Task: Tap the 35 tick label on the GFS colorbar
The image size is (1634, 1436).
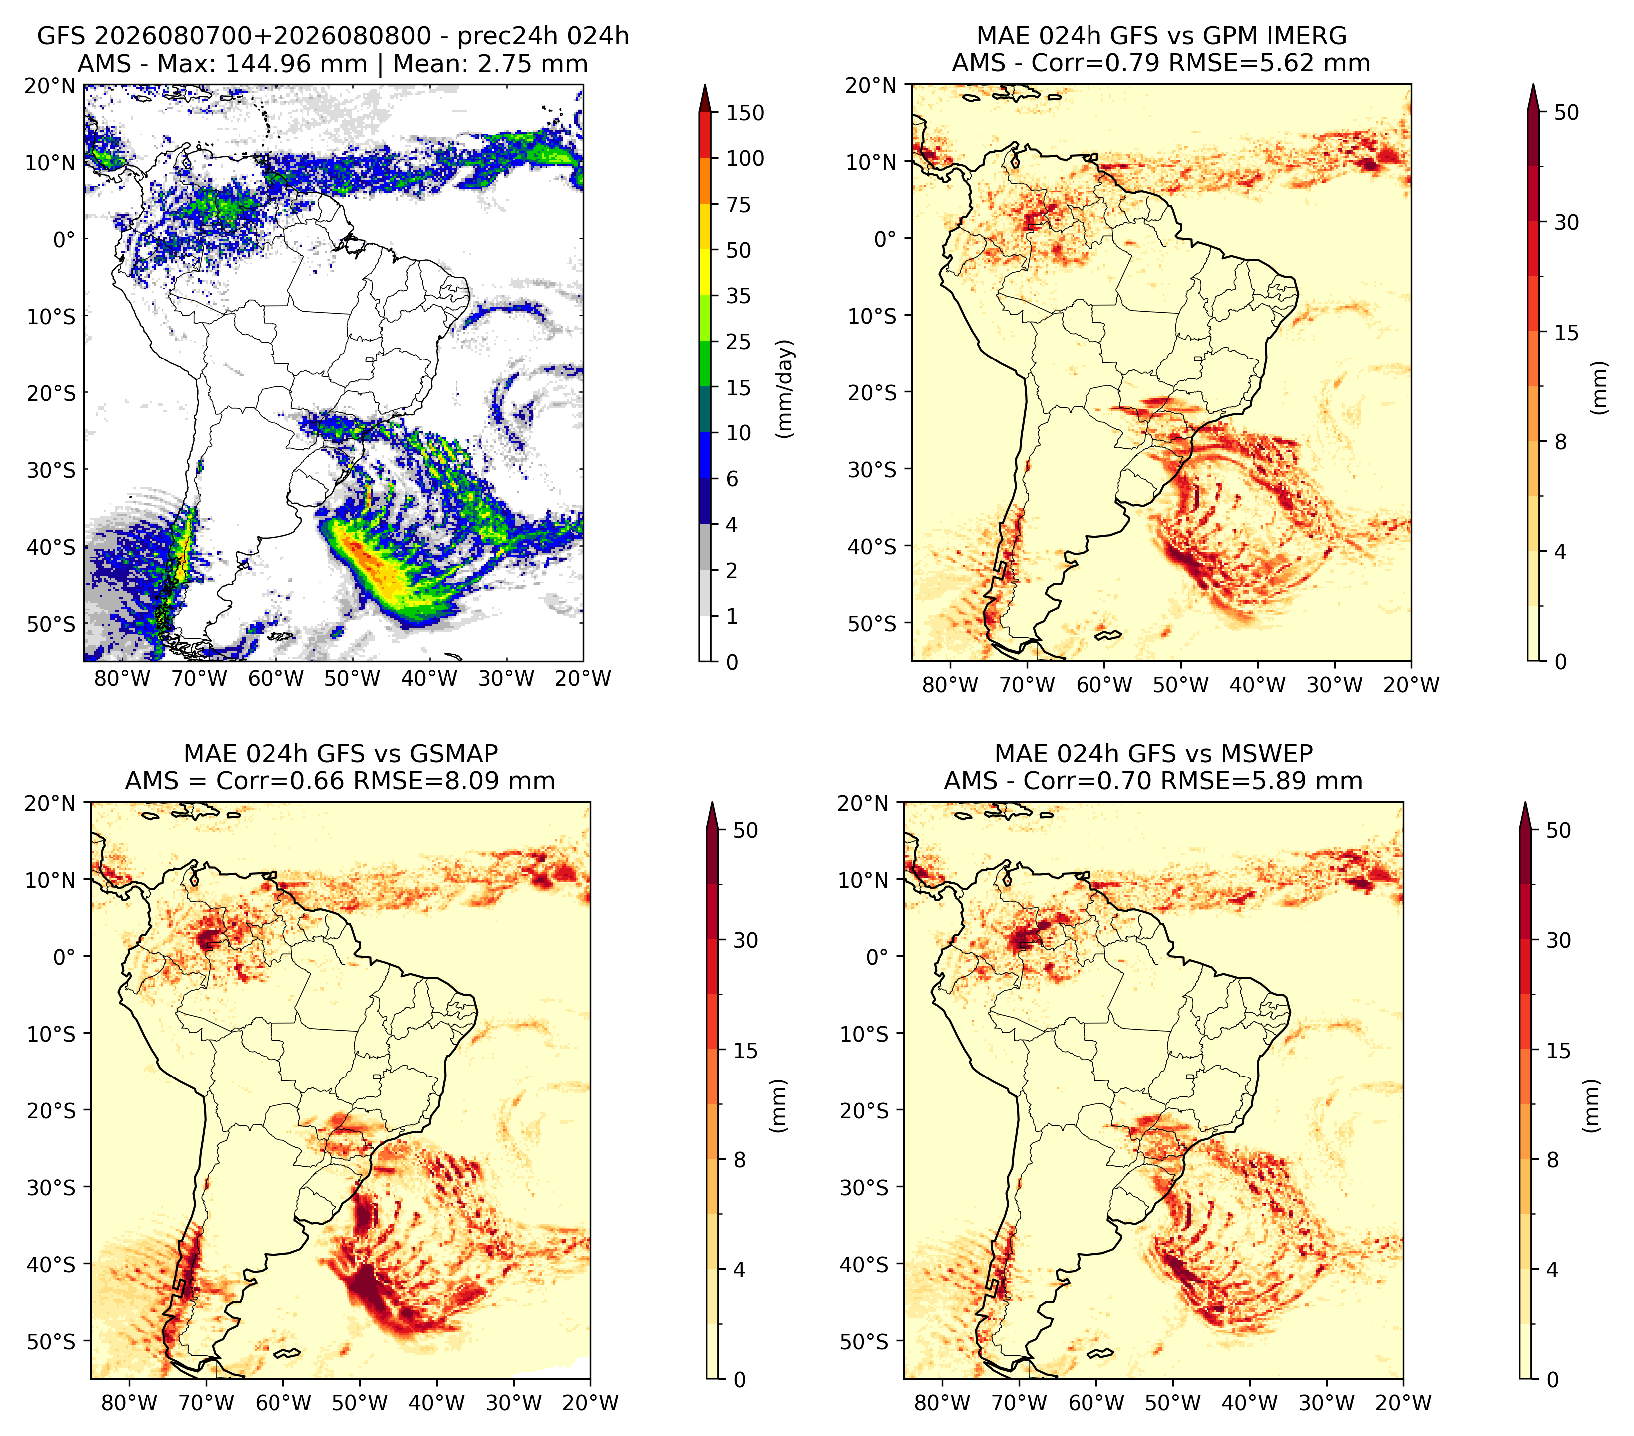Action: pyautogui.click(x=739, y=296)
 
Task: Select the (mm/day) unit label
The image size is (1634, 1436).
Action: pyautogui.click(x=786, y=388)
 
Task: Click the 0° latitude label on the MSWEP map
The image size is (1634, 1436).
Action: pyautogui.click(x=878, y=956)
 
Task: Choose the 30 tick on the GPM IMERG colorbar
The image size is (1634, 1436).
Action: pyautogui.click(x=1567, y=222)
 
